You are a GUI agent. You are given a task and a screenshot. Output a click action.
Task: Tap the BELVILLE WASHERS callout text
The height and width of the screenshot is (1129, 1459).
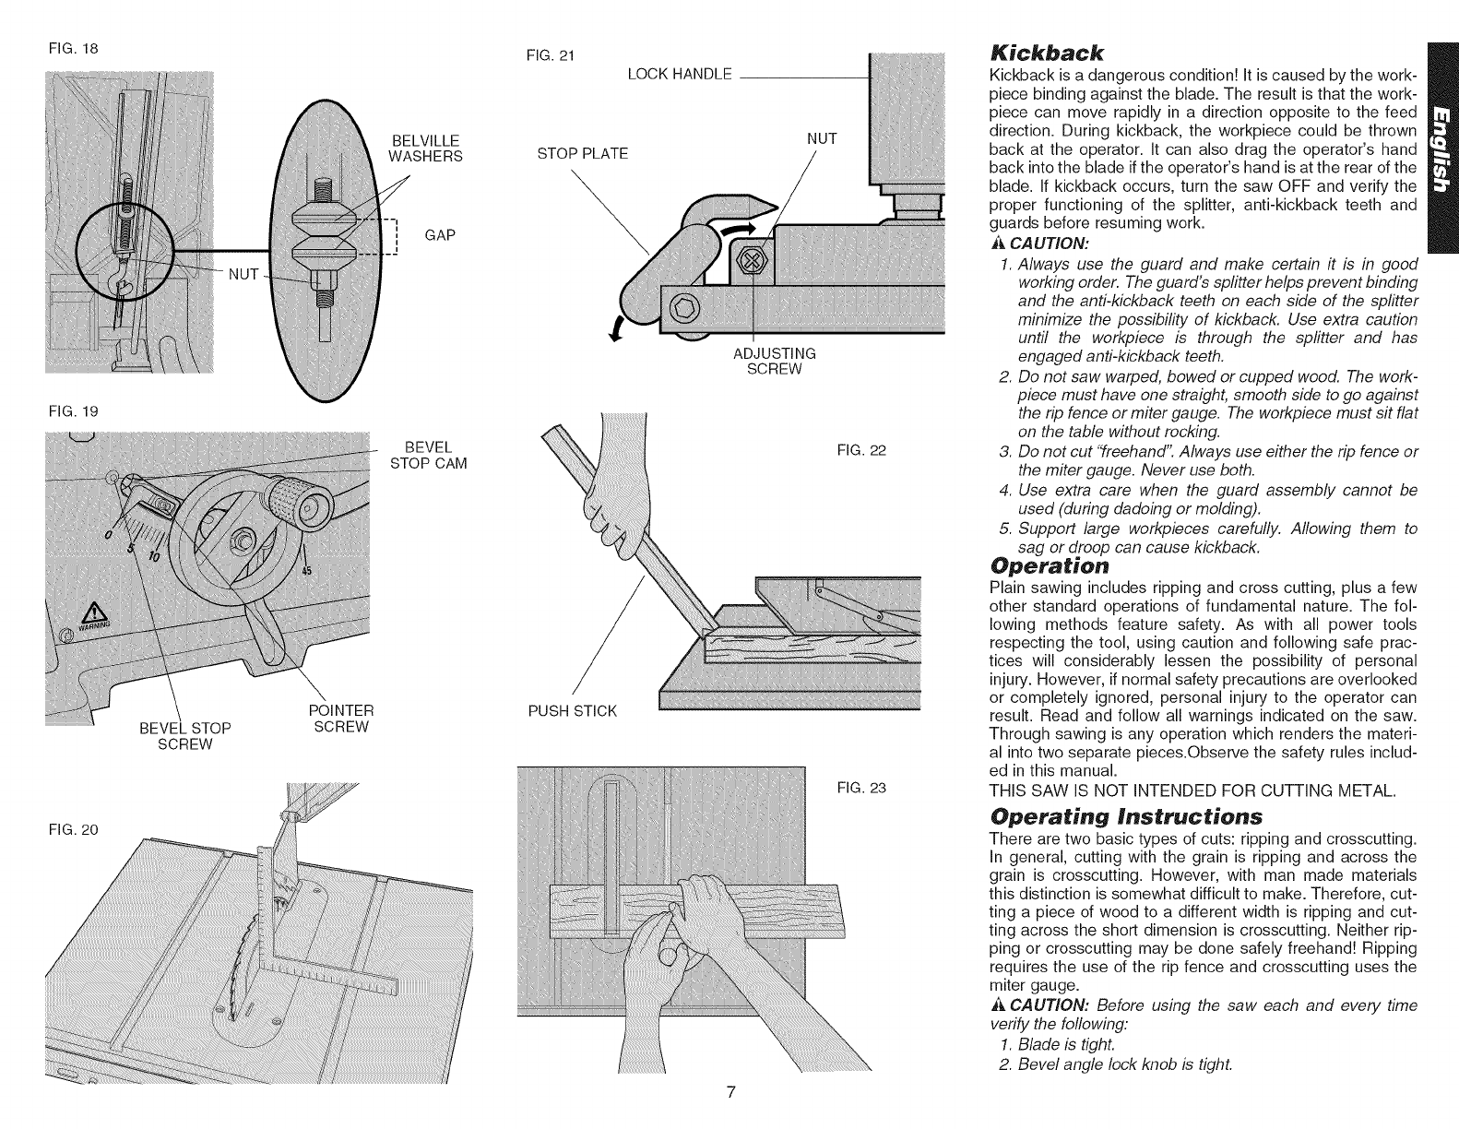coord(423,148)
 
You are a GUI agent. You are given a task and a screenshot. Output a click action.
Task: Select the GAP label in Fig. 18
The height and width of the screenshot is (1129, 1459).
coord(442,235)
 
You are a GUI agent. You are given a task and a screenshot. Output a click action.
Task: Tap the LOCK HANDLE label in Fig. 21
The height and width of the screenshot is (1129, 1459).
coord(679,74)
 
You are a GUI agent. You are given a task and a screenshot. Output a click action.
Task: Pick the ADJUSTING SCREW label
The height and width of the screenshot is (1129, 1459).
coord(774,361)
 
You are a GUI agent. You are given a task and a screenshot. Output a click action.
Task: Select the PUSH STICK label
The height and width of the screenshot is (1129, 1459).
coord(572,710)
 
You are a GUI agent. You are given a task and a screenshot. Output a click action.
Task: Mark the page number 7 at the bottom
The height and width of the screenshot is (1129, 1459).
coord(729,1092)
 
